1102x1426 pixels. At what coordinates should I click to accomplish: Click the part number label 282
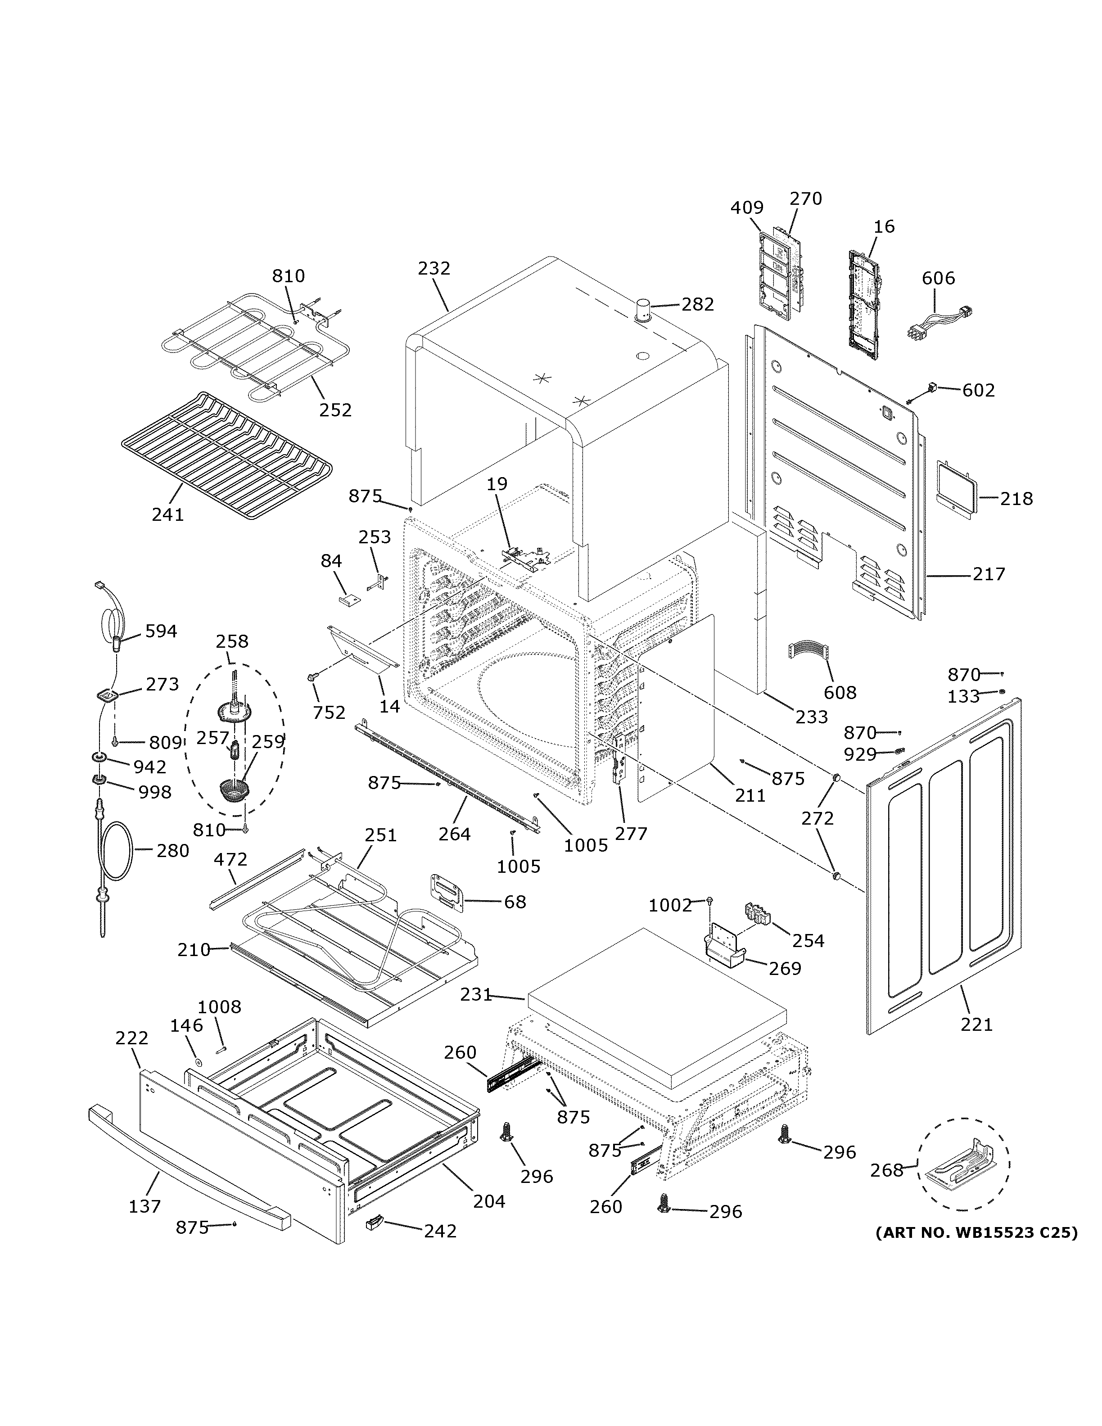tap(697, 304)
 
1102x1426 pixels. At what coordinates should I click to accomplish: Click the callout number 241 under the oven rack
tap(168, 514)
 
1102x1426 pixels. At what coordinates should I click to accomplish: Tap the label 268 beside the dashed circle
tap(886, 1170)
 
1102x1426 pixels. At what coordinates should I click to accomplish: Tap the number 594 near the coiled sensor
tap(161, 632)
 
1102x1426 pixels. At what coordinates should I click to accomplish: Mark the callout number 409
tap(746, 208)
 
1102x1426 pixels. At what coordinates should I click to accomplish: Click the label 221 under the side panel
tap(976, 1024)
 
